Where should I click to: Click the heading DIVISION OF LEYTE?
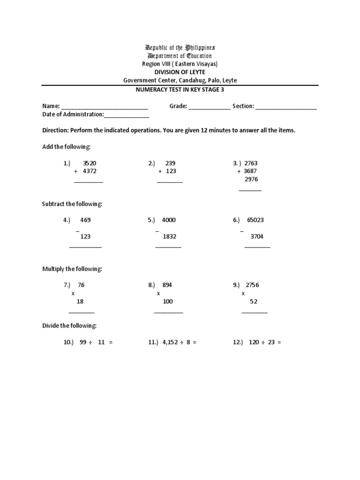(180, 72)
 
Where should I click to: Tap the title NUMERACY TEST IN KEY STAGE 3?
(180, 90)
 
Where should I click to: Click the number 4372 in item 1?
(90, 171)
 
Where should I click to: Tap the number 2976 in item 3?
(251, 179)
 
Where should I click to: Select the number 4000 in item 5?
(169, 220)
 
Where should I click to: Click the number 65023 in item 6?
(255, 220)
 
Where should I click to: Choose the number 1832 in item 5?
(170, 237)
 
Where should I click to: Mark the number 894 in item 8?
(167, 285)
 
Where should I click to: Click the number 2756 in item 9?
(252, 285)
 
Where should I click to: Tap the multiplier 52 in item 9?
(253, 301)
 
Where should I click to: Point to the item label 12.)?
(238, 342)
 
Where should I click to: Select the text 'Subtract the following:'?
(72, 204)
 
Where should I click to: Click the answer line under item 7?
(82, 312)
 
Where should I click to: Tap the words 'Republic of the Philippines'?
(180, 48)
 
